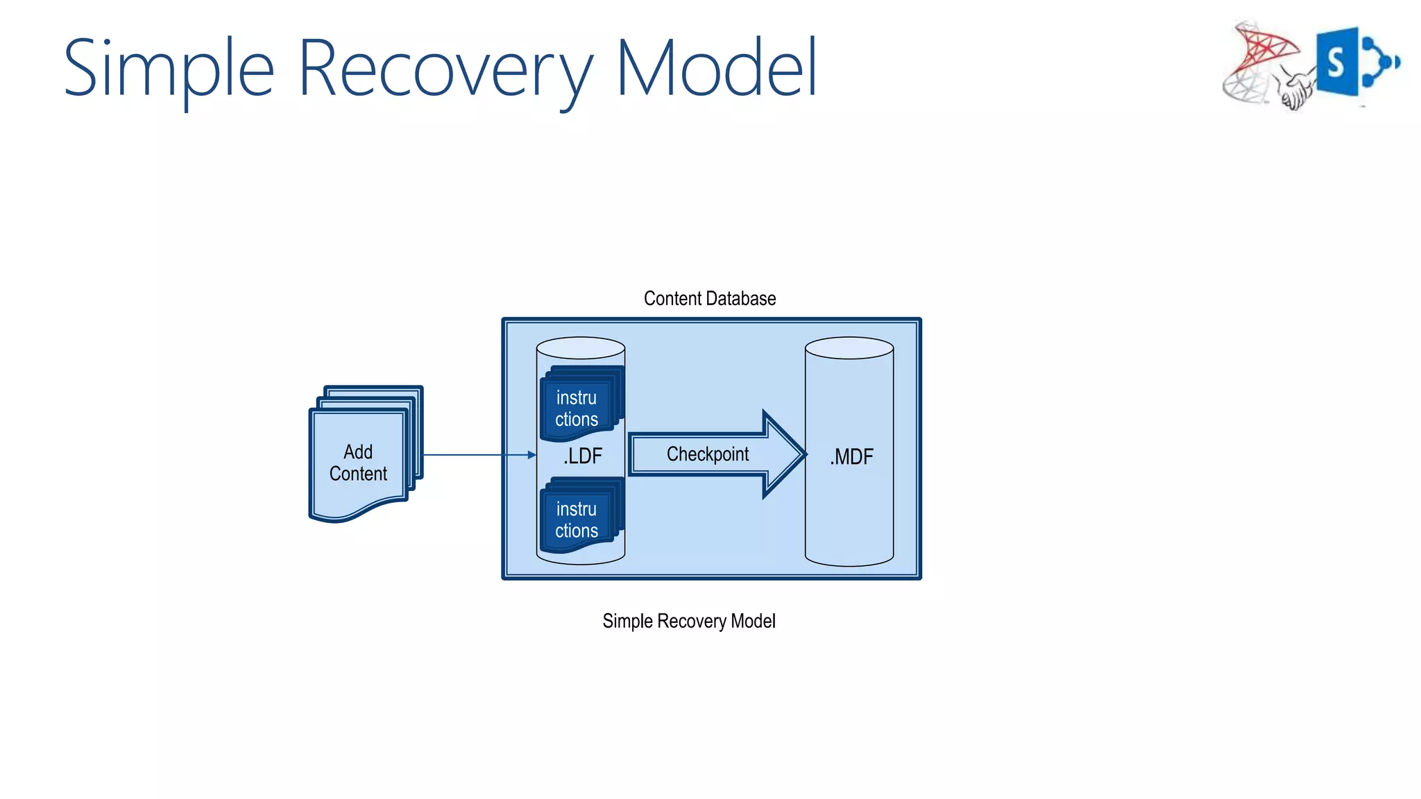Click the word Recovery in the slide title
click(444, 69)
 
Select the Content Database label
click(709, 299)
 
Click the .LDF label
click(583, 456)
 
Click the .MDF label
click(851, 457)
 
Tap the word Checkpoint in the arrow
click(707, 454)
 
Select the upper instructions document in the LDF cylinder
click(577, 409)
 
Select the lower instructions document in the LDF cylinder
click(577, 519)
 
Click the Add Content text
click(358, 463)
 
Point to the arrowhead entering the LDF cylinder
click(531, 455)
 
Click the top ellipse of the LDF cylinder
click(581, 347)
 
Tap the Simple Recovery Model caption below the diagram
click(688, 621)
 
